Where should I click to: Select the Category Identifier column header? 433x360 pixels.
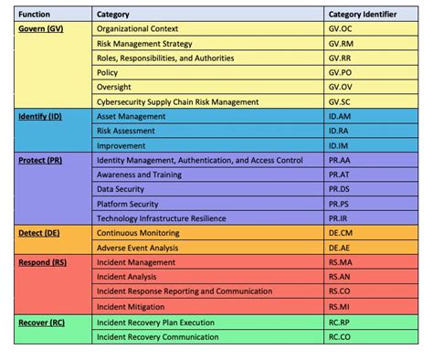[364, 14]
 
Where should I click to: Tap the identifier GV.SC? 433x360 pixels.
[340, 101]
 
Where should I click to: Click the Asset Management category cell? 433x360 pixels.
[131, 116]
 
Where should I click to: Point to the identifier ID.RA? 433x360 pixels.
[339, 131]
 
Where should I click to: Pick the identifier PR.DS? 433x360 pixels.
[339, 189]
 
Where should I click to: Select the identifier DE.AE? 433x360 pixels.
[339, 247]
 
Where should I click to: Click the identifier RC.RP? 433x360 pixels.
[339, 322]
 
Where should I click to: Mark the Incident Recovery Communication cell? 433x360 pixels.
[157, 336]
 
